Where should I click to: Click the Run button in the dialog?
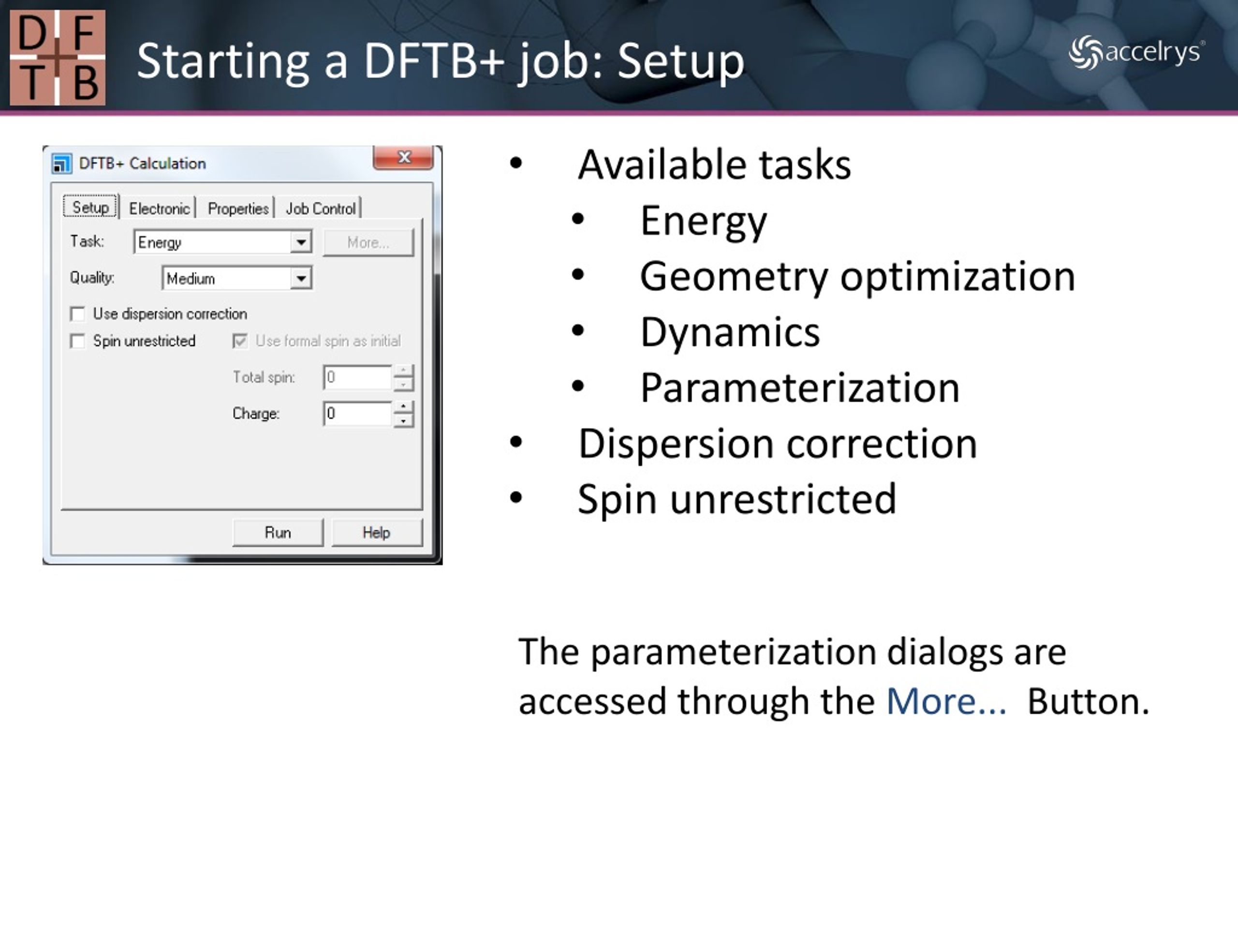(x=278, y=532)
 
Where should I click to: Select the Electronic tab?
(x=160, y=209)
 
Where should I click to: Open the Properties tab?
(x=238, y=209)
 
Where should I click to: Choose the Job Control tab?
(x=321, y=209)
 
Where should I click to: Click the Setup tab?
(x=90, y=207)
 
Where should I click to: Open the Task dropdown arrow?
(x=300, y=242)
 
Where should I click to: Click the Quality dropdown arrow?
(x=300, y=278)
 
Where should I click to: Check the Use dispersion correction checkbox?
(x=78, y=314)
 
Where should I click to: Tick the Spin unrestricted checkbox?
(x=78, y=341)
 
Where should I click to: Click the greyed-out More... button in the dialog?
(x=368, y=242)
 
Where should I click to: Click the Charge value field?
(x=357, y=414)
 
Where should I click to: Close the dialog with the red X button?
(x=403, y=157)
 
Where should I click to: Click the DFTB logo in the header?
(x=58, y=57)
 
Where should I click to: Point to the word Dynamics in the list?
(x=730, y=332)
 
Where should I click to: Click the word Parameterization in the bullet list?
(x=800, y=388)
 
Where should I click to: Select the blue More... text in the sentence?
(x=946, y=701)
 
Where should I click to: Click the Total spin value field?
(x=357, y=377)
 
